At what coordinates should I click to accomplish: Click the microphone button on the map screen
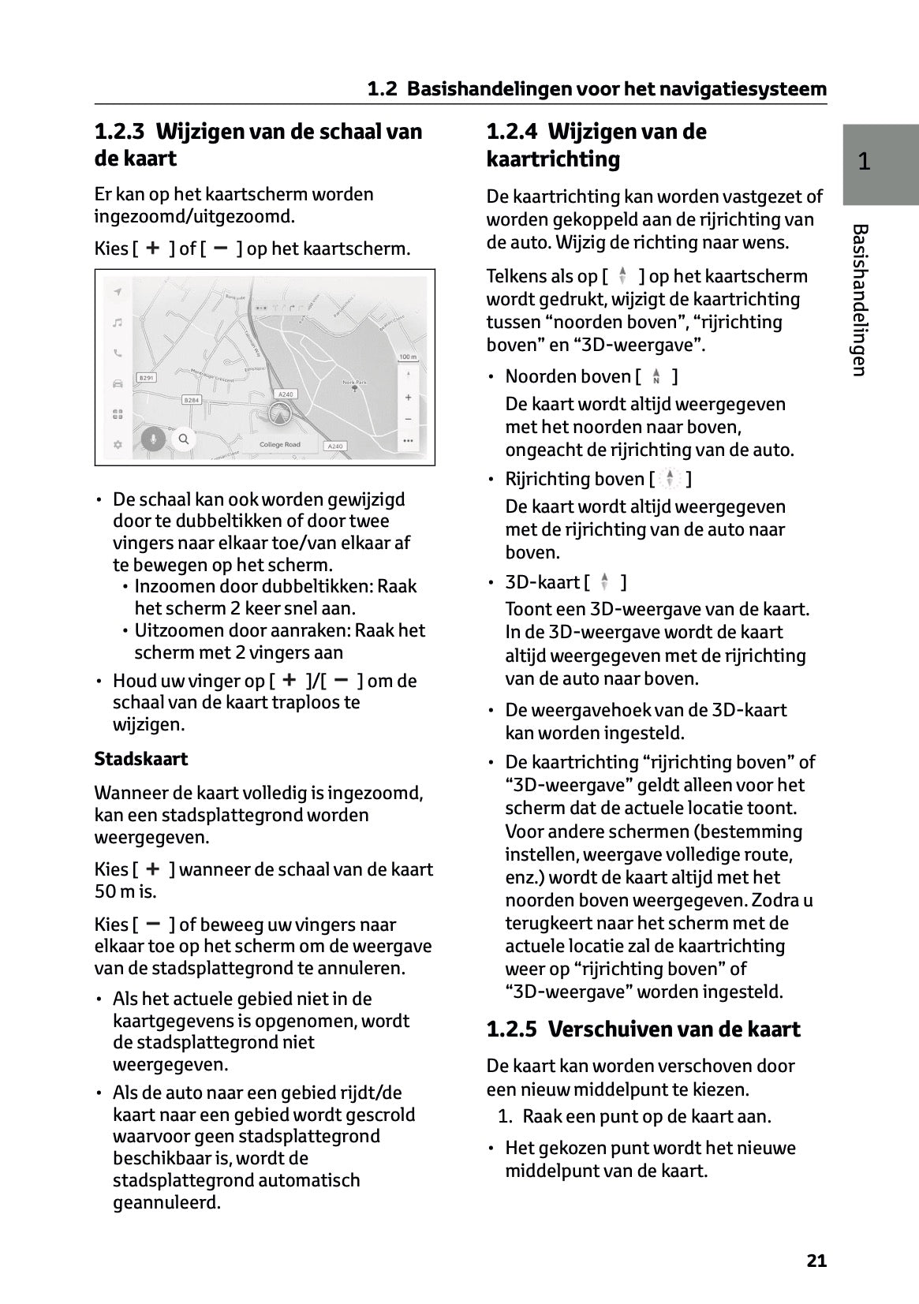pyautogui.click(x=153, y=439)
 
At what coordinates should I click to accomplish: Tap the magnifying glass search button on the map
pyautogui.click(x=183, y=439)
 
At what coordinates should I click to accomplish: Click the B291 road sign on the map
pyautogui.click(x=147, y=379)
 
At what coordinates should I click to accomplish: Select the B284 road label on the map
pyautogui.click(x=192, y=400)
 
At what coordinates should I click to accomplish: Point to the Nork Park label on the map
pyautogui.click(x=355, y=382)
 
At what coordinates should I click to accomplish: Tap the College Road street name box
pyautogui.click(x=280, y=445)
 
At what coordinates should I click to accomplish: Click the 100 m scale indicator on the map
pyautogui.click(x=407, y=357)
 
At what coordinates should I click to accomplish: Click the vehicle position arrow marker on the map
pyautogui.click(x=279, y=413)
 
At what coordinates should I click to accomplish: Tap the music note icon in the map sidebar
pyautogui.click(x=118, y=322)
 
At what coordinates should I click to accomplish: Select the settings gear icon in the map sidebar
pyautogui.click(x=118, y=445)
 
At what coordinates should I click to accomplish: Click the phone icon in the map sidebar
pyautogui.click(x=118, y=353)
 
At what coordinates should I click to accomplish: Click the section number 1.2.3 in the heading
pyautogui.click(x=120, y=132)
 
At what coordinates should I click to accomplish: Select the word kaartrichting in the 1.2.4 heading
pyautogui.click(x=553, y=159)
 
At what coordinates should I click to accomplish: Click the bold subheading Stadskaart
pyautogui.click(x=141, y=759)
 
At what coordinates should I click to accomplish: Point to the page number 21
pyautogui.click(x=816, y=1261)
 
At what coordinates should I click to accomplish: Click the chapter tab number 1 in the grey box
pyautogui.click(x=865, y=162)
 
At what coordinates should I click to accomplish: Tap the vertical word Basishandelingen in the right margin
pyautogui.click(x=861, y=300)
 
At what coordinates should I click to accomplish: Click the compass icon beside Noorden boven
pyautogui.click(x=656, y=377)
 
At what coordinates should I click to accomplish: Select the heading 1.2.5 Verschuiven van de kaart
pyautogui.click(x=643, y=1029)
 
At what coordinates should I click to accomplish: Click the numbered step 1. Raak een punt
pyautogui.click(x=635, y=1116)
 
